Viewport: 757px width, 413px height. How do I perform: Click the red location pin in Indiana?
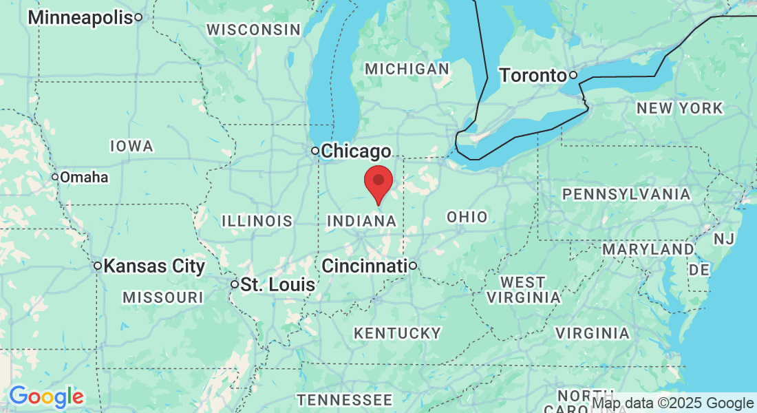378,182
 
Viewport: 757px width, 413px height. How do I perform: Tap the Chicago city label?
356,151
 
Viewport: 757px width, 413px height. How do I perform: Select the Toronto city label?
533,75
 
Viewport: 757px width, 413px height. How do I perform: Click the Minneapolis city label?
80,17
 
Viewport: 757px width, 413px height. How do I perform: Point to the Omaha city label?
83,178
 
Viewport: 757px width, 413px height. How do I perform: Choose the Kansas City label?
154,266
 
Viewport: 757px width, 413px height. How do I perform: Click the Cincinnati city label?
364,266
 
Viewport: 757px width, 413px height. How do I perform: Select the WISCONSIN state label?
254,30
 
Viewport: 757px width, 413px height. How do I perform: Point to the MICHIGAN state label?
407,69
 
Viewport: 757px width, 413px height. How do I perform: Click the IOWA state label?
131,146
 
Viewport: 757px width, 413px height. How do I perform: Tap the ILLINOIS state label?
257,221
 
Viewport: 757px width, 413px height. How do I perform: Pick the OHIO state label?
467,217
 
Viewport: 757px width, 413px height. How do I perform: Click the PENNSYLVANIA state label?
626,195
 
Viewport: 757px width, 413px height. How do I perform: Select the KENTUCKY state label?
397,333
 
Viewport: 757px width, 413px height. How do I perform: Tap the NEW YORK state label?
679,108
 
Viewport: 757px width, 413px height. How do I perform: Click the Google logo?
46,396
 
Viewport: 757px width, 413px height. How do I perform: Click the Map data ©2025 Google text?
672,403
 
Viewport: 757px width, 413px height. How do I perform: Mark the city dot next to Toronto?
573,74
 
